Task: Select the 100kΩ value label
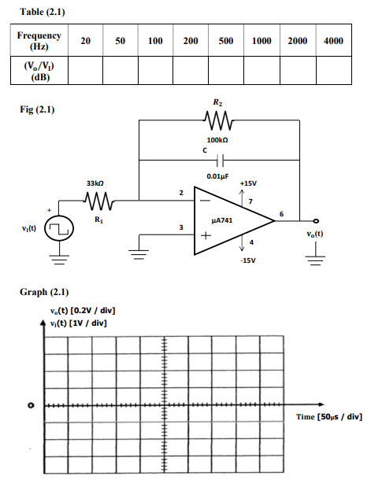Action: pyautogui.click(x=218, y=137)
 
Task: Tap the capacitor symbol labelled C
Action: pyautogui.click(x=218, y=158)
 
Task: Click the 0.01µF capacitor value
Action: pyautogui.click(x=218, y=177)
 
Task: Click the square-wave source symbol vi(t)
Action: pyautogui.click(x=58, y=231)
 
